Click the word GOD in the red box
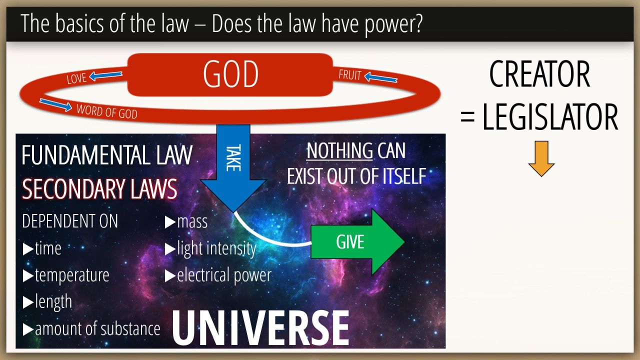pyautogui.click(x=231, y=74)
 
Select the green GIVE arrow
pyautogui.click(x=357, y=242)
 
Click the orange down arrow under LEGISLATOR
pyautogui.click(x=541, y=158)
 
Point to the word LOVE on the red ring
pyautogui.click(x=76, y=78)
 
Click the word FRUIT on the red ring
pyautogui.click(x=350, y=75)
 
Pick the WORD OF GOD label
pyautogui.click(x=107, y=111)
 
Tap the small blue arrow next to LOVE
pyautogui.click(x=105, y=75)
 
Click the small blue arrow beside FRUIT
pyautogui.click(x=381, y=77)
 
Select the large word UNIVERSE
pyautogui.click(x=260, y=328)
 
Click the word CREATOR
pyautogui.click(x=539, y=74)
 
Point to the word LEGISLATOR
pyautogui.click(x=550, y=117)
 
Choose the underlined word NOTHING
pyautogui.click(x=339, y=150)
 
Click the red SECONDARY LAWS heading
pyautogui.click(x=99, y=189)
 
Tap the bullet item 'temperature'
pyautogui.click(x=66, y=275)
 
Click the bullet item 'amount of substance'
pyautogui.click(x=91, y=329)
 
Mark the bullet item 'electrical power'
pyautogui.click(x=218, y=275)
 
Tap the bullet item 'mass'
pyautogui.click(x=186, y=222)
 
